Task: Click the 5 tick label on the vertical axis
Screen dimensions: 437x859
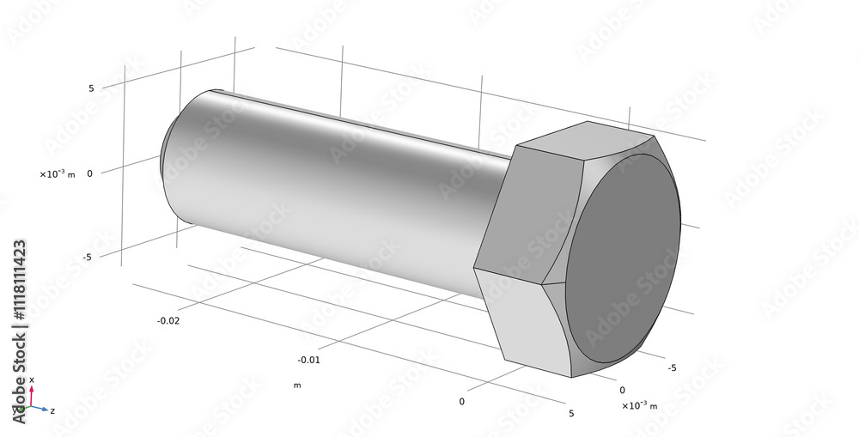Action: (x=90, y=88)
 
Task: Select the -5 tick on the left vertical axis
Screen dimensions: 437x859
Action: (x=88, y=256)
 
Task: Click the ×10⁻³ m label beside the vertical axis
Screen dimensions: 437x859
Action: (x=57, y=174)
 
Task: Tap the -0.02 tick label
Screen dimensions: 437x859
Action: (x=168, y=320)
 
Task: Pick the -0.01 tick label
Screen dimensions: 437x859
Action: (x=308, y=360)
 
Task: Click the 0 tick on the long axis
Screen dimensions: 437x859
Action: (x=461, y=401)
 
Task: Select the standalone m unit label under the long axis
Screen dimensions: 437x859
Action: (x=297, y=385)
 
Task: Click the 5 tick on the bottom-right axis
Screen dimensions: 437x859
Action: (x=571, y=413)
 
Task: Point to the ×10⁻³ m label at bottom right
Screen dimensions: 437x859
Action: (x=639, y=404)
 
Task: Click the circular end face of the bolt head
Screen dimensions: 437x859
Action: (x=623, y=258)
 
